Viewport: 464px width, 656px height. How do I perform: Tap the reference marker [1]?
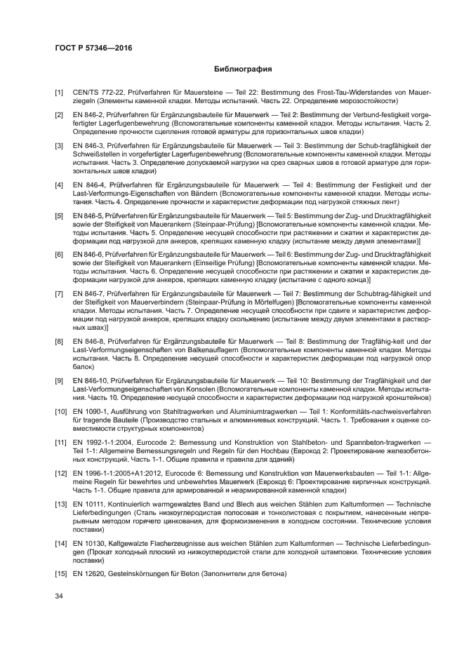pyautogui.click(x=60, y=92)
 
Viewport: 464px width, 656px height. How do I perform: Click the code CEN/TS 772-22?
pyautogui.click(x=95, y=92)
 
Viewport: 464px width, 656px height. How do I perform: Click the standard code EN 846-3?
pyautogui.click(x=88, y=145)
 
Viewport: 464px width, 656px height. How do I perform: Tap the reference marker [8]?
pyautogui.click(x=60, y=341)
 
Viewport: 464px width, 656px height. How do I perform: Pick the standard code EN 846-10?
pyautogui.click(x=89, y=381)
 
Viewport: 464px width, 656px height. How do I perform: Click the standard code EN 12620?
pyautogui.click(x=88, y=575)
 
